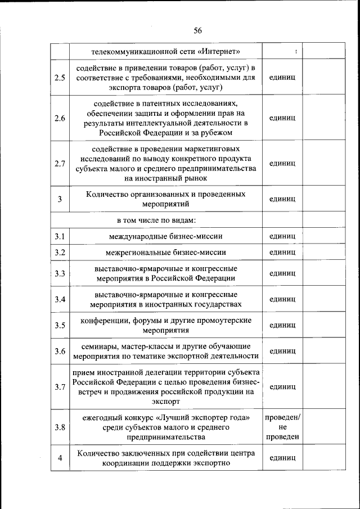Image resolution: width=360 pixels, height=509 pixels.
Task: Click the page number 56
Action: [197, 30]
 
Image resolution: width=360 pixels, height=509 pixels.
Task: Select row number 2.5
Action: [60, 78]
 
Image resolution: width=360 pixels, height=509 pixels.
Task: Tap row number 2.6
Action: [60, 118]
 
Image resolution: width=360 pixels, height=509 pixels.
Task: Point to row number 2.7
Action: [60, 164]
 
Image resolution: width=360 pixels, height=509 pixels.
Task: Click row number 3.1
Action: [60, 236]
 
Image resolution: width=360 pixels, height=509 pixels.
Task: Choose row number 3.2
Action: [60, 252]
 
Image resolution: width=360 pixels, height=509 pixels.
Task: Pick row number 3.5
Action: [60, 325]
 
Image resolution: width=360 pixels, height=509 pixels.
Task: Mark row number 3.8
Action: [60, 427]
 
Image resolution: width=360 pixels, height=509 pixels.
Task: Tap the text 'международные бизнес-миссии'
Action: [166, 236]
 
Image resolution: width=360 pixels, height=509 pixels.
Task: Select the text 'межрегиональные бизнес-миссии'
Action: [166, 252]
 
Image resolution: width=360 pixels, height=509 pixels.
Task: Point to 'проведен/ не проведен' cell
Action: [282, 427]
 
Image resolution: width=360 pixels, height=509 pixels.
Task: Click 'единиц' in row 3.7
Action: [282, 387]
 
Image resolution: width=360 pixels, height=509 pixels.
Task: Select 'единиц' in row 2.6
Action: [282, 118]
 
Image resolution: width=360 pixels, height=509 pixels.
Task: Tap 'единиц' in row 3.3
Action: [282, 273]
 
